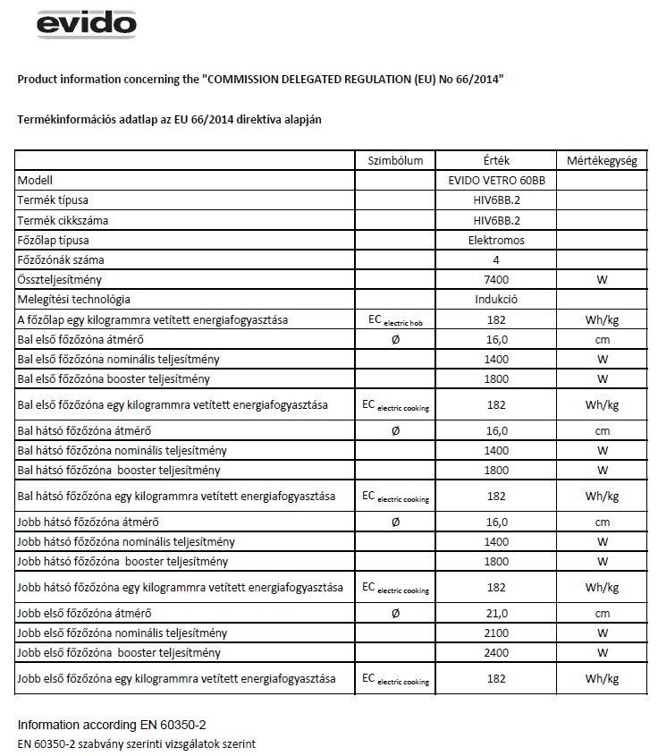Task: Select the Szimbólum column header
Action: click(x=395, y=161)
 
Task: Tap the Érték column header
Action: click(x=495, y=161)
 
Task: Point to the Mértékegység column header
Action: click(x=602, y=161)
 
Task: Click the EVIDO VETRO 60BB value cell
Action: click(x=495, y=180)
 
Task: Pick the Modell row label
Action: click(x=36, y=180)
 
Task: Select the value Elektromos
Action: click(x=495, y=241)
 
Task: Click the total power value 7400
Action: click(x=495, y=280)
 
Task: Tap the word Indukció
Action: click(x=495, y=300)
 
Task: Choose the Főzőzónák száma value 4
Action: click(x=495, y=260)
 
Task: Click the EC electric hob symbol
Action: click(x=395, y=320)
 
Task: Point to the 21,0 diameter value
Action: click(x=495, y=613)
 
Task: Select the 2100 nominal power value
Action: click(x=495, y=633)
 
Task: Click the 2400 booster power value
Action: click(x=495, y=652)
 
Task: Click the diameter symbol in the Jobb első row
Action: click(x=395, y=613)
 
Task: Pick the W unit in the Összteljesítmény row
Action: click(x=602, y=280)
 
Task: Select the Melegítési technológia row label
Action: click(x=74, y=300)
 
